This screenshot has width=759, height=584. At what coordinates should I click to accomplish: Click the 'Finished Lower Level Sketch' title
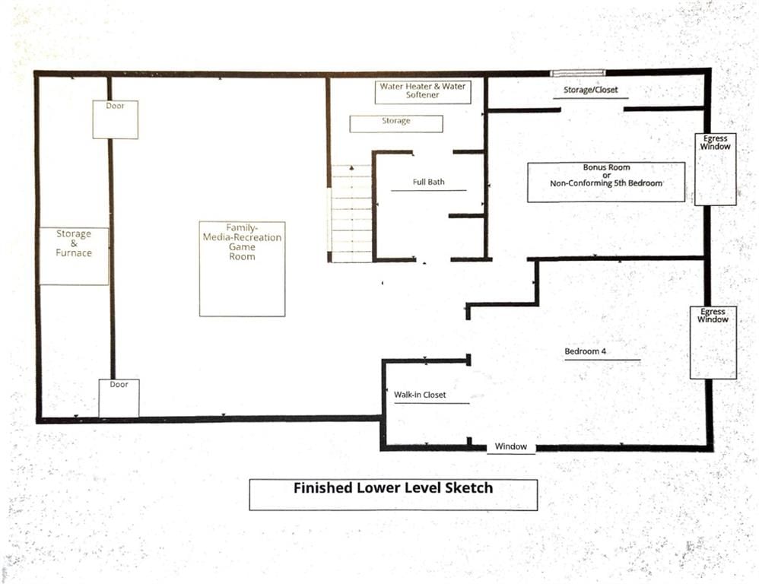tap(393, 487)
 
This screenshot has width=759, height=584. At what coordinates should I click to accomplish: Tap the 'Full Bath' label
tap(428, 182)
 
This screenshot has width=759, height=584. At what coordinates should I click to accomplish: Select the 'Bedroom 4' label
tap(586, 351)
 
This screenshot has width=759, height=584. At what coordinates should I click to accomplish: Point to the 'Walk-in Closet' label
tap(420, 395)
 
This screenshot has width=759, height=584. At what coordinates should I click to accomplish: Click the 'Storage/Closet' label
tap(591, 90)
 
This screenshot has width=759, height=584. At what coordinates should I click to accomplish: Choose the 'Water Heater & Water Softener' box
tap(423, 92)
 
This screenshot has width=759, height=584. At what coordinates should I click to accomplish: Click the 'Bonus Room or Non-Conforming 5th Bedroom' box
tap(606, 182)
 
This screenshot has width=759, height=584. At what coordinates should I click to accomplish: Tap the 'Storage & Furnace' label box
tap(74, 256)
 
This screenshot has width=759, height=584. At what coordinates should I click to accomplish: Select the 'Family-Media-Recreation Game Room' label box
tap(242, 269)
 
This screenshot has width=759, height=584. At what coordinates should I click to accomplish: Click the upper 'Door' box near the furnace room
tap(115, 119)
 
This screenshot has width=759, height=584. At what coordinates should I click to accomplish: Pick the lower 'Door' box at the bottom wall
tap(119, 398)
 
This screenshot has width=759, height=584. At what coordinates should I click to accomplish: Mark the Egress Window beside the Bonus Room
tap(716, 170)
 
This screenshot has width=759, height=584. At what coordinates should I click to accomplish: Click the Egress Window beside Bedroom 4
tap(713, 342)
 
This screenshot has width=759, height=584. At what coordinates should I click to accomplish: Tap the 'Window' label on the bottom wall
tap(510, 446)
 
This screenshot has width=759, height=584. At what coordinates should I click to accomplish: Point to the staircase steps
tap(351, 214)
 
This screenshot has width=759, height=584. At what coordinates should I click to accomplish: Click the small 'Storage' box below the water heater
tap(396, 123)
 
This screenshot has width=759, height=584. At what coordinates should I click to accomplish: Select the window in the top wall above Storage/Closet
tap(578, 73)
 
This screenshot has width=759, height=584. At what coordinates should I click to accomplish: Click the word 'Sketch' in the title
tap(468, 487)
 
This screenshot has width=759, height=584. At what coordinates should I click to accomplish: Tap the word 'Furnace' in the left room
tap(74, 252)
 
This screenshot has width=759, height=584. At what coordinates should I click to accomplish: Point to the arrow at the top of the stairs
tap(351, 168)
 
